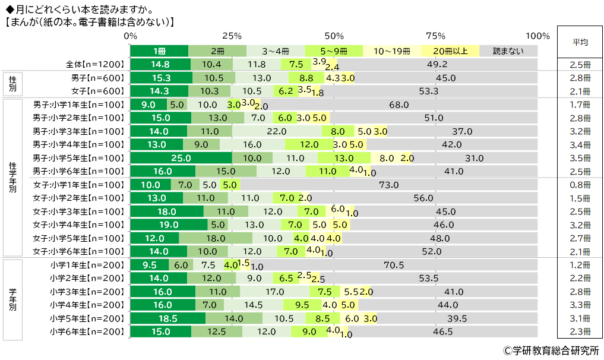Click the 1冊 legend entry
click(x=159, y=51)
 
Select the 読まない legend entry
click(x=508, y=51)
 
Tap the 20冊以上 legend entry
click(x=450, y=51)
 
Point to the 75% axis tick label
click(x=436, y=35)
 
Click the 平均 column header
click(x=580, y=43)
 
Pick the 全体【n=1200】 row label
click(x=95, y=65)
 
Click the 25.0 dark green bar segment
click(x=181, y=158)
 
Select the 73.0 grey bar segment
click(x=388, y=185)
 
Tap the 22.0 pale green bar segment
click(x=277, y=131)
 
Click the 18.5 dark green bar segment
click(x=167, y=318)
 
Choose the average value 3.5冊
click(x=580, y=158)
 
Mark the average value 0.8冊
click(x=580, y=185)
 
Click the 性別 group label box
click(x=13, y=84)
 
